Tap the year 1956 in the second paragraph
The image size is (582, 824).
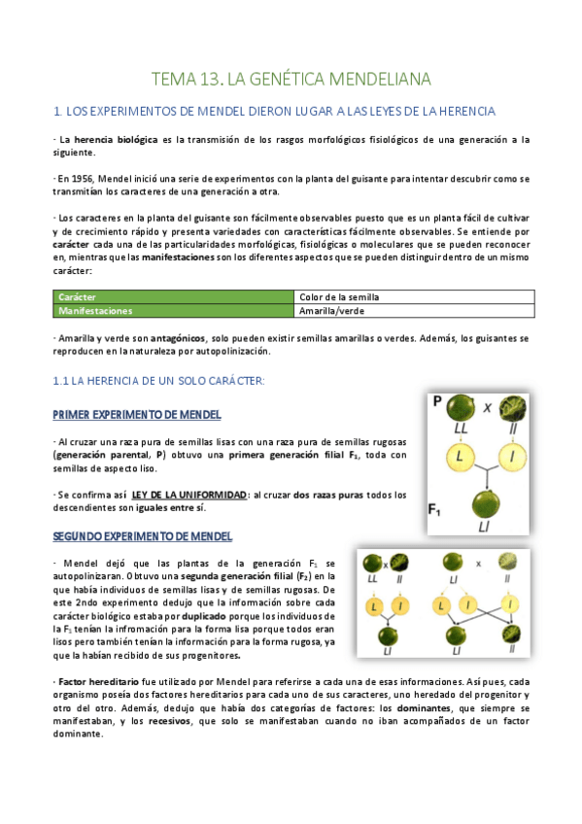pos(84,179)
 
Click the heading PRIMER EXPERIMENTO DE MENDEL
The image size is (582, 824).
pos(137,415)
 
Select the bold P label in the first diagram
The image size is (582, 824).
pos(437,400)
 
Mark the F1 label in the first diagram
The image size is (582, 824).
pos(437,507)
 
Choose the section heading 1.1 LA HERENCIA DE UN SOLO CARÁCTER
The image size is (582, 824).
pos(159,380)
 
